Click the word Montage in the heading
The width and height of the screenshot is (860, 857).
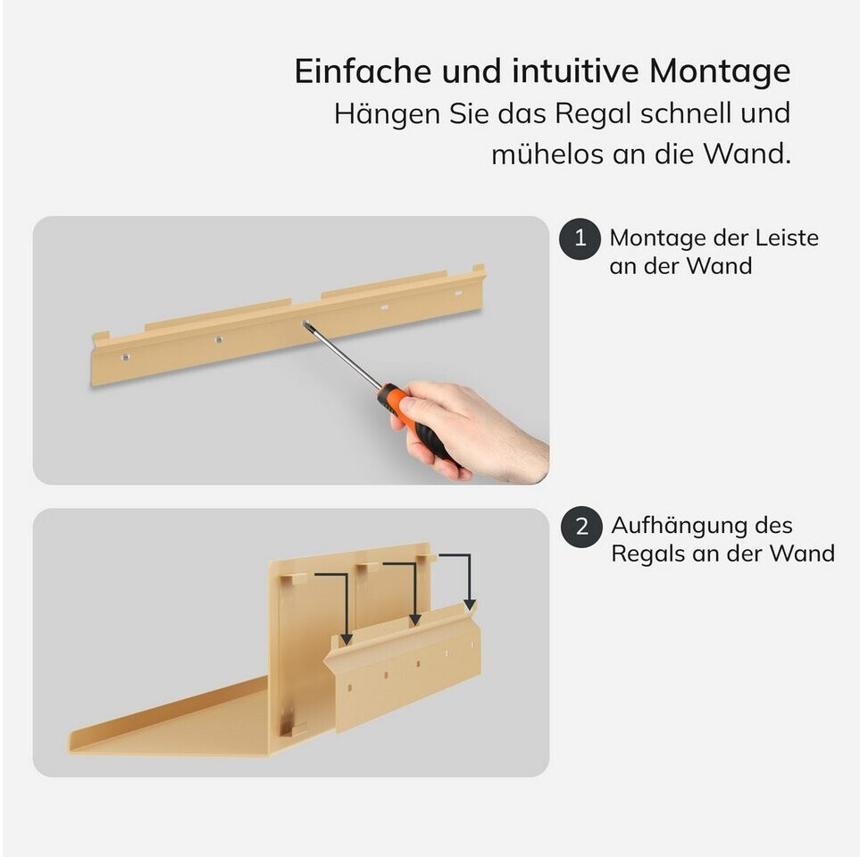point(720,71)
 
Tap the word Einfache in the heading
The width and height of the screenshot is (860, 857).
point(363,71)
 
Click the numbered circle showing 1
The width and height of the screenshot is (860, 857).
point(580,238)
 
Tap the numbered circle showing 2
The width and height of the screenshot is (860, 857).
point(582,527)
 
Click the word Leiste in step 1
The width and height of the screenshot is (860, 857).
point(787,238)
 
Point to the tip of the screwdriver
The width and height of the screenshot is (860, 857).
point(305,323)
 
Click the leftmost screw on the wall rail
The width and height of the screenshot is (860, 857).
point(126,357)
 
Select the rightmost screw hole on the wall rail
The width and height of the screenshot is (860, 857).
point(458,294)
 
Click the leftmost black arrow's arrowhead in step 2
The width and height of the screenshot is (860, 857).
point(347,639)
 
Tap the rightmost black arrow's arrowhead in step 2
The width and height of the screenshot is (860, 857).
point(470,604)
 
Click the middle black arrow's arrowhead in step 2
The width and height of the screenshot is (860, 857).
point(415,620)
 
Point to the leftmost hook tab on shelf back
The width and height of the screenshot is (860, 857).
point(294,578)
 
